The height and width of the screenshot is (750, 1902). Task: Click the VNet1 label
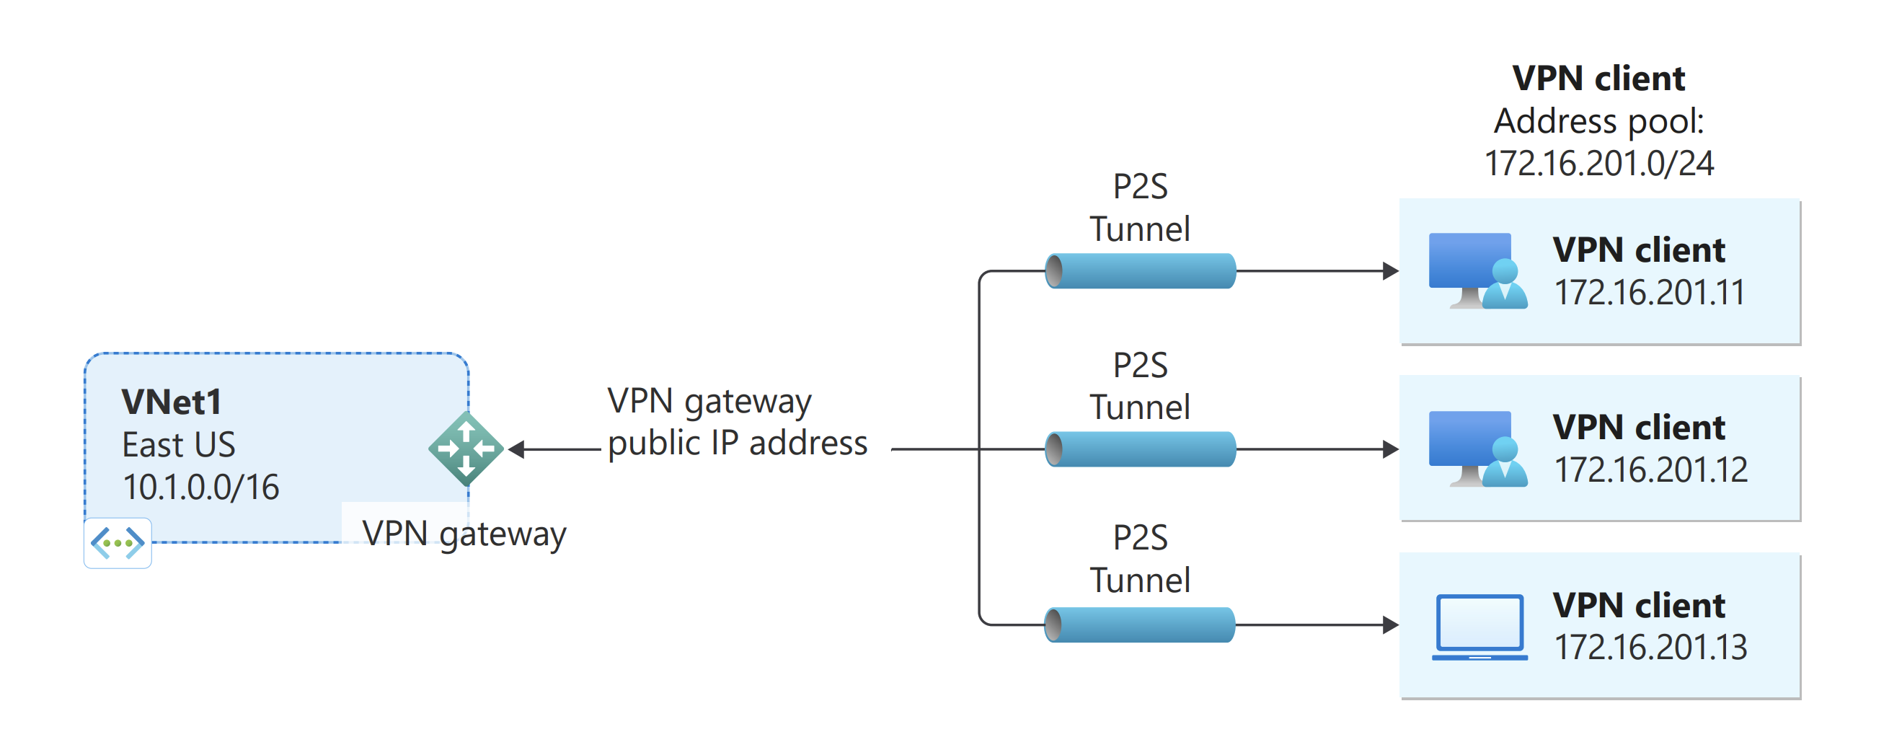[172, 403]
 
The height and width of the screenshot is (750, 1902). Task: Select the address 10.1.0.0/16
[201, 487]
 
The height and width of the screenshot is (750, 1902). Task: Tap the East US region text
[179, 445]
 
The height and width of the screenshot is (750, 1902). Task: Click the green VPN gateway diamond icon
[466, 449]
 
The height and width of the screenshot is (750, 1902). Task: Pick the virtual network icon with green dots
[118, 543]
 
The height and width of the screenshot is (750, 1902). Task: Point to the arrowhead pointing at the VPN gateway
[517, 449]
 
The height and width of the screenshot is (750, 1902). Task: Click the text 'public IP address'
[737, 443]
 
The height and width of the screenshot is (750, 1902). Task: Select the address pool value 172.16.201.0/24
[1598, 164]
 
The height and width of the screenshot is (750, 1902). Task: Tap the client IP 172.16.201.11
[1650, 292]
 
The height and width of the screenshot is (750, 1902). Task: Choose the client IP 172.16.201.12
[1651, 469]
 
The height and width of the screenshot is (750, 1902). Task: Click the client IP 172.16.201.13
[1651, 648]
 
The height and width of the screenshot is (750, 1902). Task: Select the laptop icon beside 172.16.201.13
[1479, 627]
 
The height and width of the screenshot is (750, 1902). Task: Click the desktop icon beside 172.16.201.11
[1477, 271]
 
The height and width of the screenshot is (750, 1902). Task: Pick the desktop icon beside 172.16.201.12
[1477, 449]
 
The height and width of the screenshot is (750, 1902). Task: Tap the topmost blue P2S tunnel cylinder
[1141, 271]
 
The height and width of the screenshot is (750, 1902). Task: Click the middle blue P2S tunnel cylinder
[1141, 449]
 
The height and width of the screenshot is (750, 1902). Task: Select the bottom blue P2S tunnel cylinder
[1141, 625]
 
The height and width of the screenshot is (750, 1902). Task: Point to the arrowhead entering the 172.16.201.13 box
[1390, 625]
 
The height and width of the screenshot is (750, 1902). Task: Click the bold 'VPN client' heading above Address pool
[1598, 79]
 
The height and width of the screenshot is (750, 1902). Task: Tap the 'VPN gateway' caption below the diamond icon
[464, 534]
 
